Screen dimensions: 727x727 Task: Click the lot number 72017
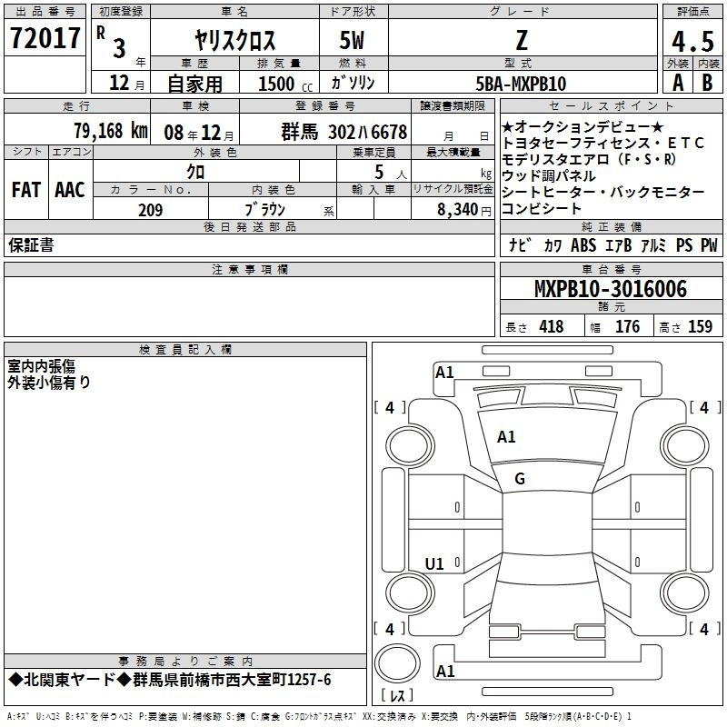tap(45, 38)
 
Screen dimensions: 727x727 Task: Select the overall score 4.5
tap(692, 41)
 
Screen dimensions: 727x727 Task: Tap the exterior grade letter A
tap(678, 83)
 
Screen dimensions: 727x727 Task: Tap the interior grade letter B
tap(707, 83)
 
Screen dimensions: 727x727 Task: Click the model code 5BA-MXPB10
tap(521, 84)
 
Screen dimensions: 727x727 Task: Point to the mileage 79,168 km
tap(111, 131)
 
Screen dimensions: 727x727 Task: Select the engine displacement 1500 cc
tap(285, 84)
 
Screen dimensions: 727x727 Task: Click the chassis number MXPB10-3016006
tap(611, 289)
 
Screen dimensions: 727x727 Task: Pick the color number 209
tap(150, 210)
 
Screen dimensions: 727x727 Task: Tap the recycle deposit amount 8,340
tap(457, 210)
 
